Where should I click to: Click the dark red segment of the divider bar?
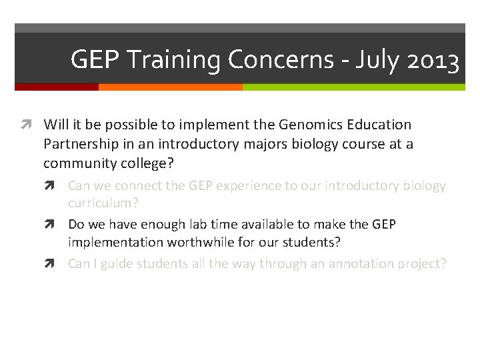56,87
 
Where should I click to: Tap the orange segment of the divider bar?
170,87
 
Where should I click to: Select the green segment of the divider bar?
353,87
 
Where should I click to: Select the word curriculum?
103,203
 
